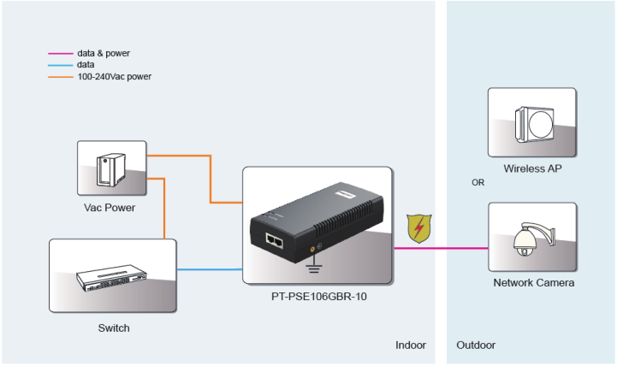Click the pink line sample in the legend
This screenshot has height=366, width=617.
point(60,53)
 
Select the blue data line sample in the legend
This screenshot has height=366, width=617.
point(60,65)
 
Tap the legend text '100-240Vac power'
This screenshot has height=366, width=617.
point(115,77)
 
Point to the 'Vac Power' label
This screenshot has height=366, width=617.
point(110,208)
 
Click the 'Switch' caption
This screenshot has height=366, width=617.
point(114,328)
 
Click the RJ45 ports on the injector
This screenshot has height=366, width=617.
point(276,240)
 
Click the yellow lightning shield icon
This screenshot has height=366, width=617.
point(418,229)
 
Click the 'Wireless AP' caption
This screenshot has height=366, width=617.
point(532,168)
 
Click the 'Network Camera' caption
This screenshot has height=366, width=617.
point(533,283)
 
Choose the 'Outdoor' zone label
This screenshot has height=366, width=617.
point(476,345)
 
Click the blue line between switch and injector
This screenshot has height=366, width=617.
point(210,269)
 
